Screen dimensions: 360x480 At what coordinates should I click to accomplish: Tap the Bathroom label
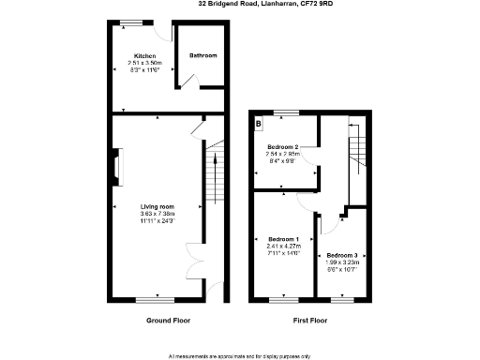tap(203, 55)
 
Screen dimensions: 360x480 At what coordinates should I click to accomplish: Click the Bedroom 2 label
tap(283, 147)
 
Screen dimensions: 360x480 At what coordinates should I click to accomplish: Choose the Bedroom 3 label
tap(341, 256)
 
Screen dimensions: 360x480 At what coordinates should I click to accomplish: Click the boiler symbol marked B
tap(259, 123)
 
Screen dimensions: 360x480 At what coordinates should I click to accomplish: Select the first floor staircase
tap(356, 150)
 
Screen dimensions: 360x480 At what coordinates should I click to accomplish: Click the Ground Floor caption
tap(169, 321)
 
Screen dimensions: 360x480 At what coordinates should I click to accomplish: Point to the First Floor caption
tap(310, 321)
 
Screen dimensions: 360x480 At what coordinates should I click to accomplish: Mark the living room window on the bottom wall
tap(155, 299)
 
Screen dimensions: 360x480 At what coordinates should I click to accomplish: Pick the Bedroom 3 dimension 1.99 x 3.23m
tap(341, 263)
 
